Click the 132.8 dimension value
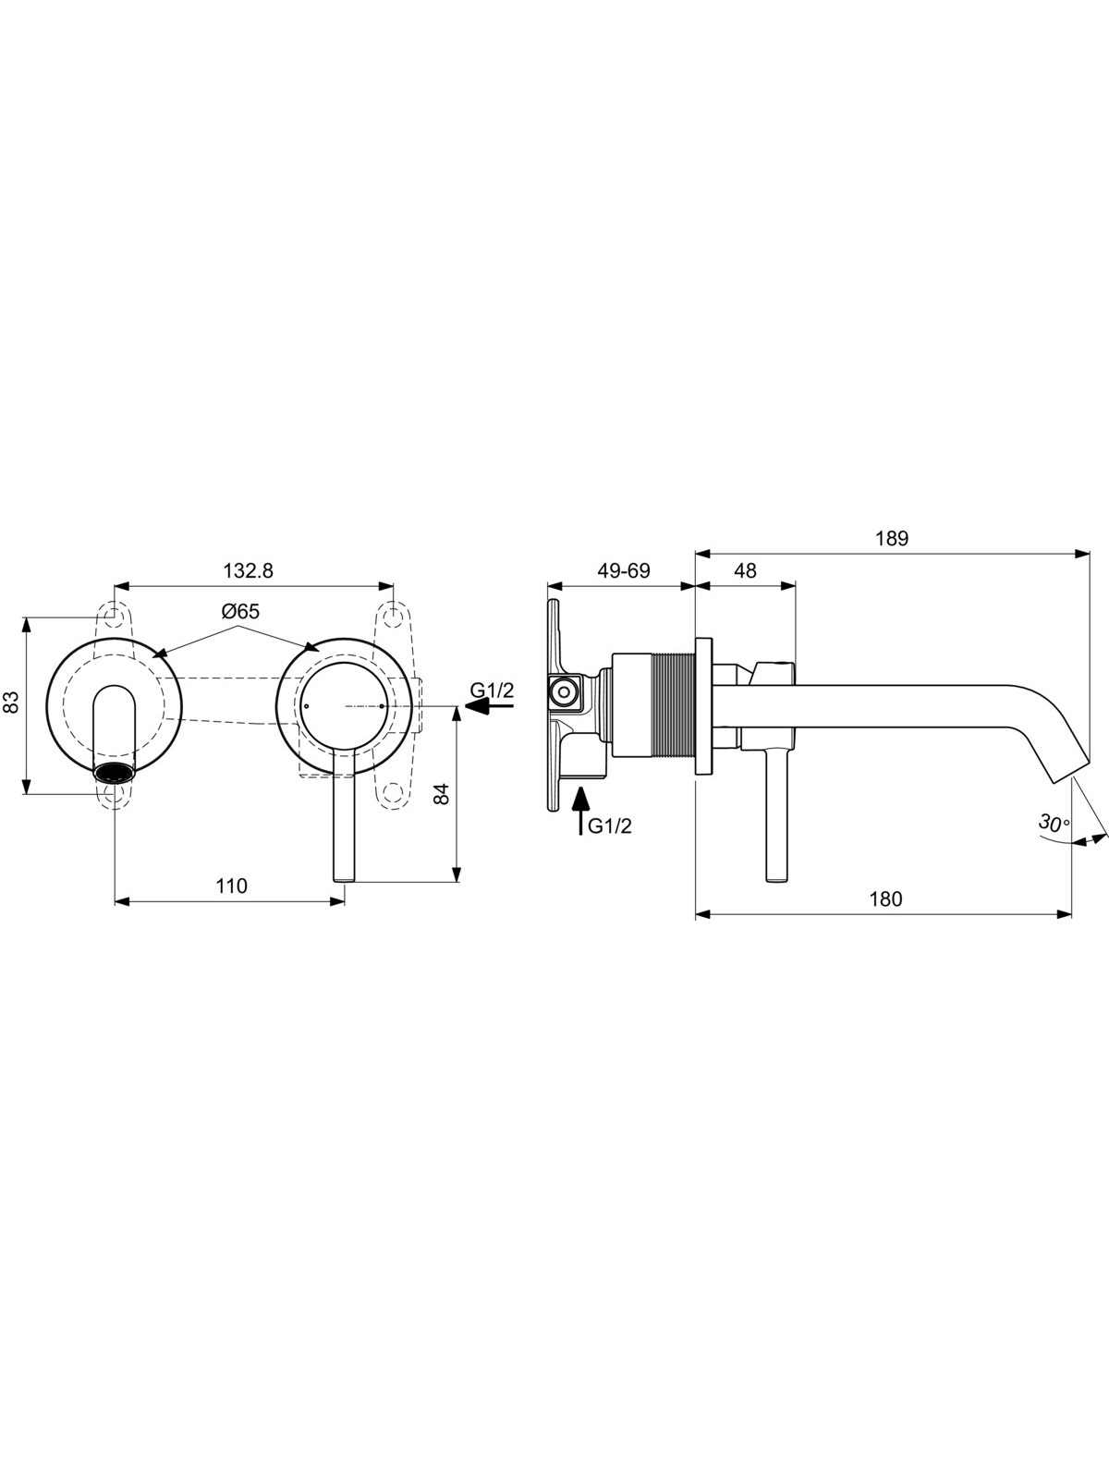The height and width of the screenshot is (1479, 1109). [249, 570]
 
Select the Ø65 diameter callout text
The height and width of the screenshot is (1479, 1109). [240, 612]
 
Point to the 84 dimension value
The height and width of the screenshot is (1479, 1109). [441, 793]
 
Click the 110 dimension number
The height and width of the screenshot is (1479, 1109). [232, 886]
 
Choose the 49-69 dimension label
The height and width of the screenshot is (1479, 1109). [624, 570]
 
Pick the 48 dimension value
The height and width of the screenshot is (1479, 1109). [745, 570]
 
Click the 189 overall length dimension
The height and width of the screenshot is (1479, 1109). [892, 538]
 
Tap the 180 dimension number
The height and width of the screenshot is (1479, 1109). [885, 898]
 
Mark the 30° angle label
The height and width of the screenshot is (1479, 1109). [1054, 823]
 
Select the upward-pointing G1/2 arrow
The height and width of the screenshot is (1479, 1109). [580, 811]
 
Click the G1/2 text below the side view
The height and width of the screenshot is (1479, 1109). [610, 826]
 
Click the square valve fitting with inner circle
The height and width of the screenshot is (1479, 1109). [564, 691]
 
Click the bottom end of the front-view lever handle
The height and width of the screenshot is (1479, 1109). [344, 880]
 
